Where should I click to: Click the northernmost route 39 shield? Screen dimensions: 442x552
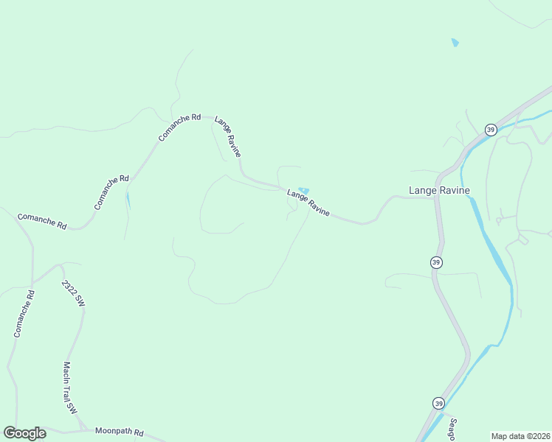(491, 130)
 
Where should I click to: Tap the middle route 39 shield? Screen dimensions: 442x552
(436, 262)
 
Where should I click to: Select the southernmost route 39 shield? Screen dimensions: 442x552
(438, 403)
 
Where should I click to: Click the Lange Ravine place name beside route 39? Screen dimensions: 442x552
(439, 190)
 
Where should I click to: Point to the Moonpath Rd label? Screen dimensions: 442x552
(119, 432)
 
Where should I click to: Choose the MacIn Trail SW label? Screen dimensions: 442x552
(69, 387)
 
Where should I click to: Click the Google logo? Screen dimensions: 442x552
(24, 433)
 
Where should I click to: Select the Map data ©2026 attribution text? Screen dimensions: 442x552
(520, 435)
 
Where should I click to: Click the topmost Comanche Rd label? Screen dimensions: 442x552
(179, 127)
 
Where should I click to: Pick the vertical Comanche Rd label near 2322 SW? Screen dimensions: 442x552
(24, 315)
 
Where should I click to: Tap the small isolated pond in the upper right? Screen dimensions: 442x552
(455, 43)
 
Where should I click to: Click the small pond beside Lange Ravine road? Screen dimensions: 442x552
(303, 191)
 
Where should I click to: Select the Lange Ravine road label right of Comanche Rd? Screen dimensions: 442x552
(228, 136)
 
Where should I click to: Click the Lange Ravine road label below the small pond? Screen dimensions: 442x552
(308, 203)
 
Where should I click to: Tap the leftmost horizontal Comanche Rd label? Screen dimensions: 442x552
(41, 221)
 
